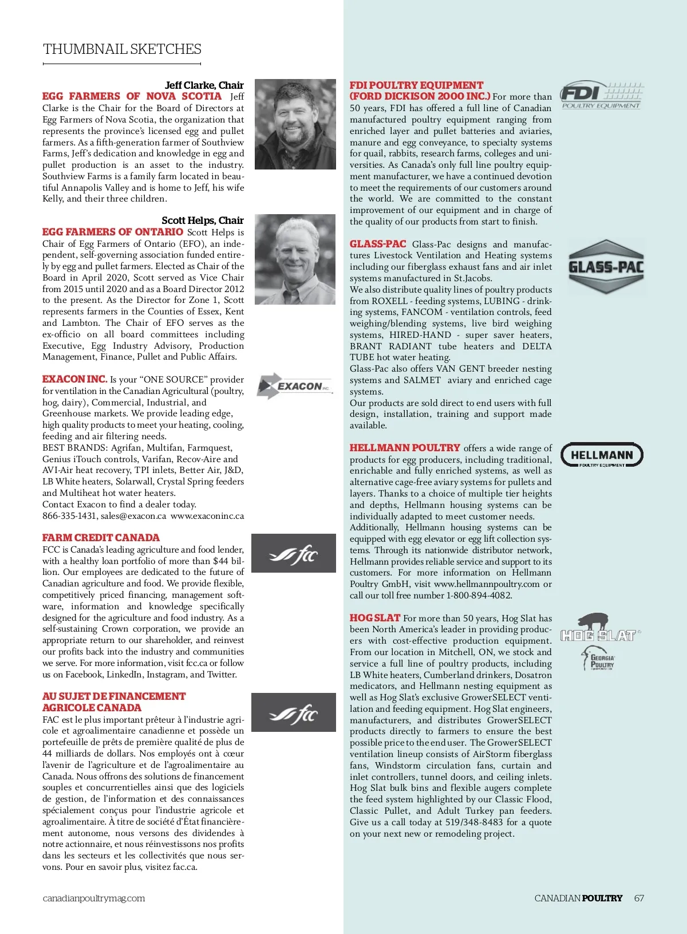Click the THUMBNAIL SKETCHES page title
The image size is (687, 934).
click(122, 49)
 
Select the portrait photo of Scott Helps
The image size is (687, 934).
click(295, 259)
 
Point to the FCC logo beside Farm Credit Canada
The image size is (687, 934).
click(294, 553)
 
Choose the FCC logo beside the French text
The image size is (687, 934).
click(294, 712)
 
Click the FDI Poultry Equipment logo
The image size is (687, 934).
click(601, 95)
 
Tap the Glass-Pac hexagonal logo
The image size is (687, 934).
click(606, 267)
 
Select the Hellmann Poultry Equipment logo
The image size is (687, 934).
click(602, 455)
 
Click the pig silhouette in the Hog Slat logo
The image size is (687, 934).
click(593, 621)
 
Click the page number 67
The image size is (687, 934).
click(639, 898)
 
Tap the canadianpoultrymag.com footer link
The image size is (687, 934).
click(94, 898)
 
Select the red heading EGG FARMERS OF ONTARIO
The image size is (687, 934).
click(113, 232)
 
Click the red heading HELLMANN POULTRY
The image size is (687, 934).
click(405, 448)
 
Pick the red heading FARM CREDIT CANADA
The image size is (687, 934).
click(101, 538)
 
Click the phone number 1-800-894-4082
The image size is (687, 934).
click(479, 596)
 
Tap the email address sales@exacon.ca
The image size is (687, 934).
click(133, 516)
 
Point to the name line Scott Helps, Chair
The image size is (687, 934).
click(203, 220)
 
